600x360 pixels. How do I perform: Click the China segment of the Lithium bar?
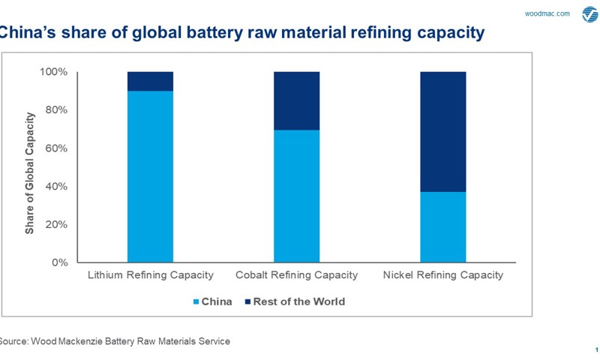pyautogui.click(x=150, y=176)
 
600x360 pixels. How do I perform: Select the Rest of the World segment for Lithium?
pyautogui.click(x=150, y=81)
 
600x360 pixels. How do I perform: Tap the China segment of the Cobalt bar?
pyautogui.click(x=296, y=196)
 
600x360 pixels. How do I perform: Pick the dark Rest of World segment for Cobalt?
pyautogui.click(x=296, y=100)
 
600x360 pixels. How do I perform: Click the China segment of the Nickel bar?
pyautogui.click(x=442, y=226)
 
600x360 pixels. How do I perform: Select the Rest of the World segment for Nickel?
pyautogui.click(x=442, y=131)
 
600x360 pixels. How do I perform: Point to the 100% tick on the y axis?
pyautogui.click(x=53, y=72)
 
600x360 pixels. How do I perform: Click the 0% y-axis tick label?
pyautogui.click(x=58, y=262)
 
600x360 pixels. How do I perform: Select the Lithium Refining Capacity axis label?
pyautogui.click(x=151, y=275)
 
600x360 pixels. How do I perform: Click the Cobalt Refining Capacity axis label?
pyautogui.click(x=297, y=275)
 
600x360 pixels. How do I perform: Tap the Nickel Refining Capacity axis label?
pyautogui.click(x=442, y=275)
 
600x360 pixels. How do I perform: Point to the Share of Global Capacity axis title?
pyautogui.click(x=30, y=173)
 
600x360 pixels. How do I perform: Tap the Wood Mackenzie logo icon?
pyautogui.click(x=589, y=15)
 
